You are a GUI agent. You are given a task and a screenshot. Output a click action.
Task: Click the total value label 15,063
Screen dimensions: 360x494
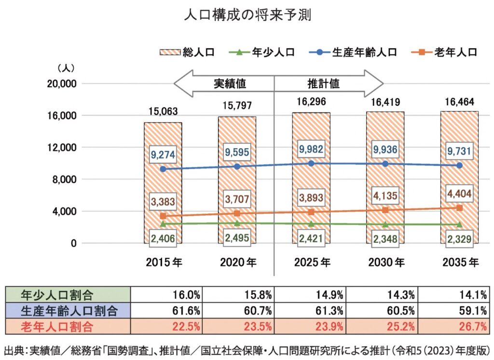(x=163, y=111)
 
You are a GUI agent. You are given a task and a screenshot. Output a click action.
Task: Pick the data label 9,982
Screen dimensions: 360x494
(x=312, y=150)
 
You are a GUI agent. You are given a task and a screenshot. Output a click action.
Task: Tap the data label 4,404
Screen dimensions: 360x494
(x=459, y=194)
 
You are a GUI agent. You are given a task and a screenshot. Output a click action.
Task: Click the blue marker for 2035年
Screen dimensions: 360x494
(x=460, y=166)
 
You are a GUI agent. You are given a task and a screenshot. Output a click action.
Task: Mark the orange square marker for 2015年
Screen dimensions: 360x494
(x=163, y=216)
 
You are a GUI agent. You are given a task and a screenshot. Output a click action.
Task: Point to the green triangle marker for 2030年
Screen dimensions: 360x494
(x=386, y=224)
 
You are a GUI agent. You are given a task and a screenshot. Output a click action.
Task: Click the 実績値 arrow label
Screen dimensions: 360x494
(x=230, y=83)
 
